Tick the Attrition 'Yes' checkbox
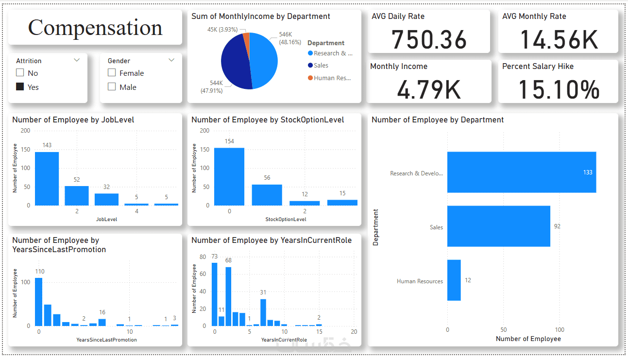20,87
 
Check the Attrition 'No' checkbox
20,73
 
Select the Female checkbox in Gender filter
112,73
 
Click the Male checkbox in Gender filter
112,87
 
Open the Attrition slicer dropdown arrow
76,60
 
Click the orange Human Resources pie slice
246,37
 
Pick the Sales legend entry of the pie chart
321,66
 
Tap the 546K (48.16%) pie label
286,38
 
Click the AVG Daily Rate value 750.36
429,40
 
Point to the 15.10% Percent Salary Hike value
559,90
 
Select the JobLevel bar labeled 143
47,178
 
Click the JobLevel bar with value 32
106,199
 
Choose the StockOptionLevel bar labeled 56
267,195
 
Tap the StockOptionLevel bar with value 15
342,202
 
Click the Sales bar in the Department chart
498,226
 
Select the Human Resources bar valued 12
454,280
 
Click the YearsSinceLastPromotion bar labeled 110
39,301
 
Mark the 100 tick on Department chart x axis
560,329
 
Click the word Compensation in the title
95,28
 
